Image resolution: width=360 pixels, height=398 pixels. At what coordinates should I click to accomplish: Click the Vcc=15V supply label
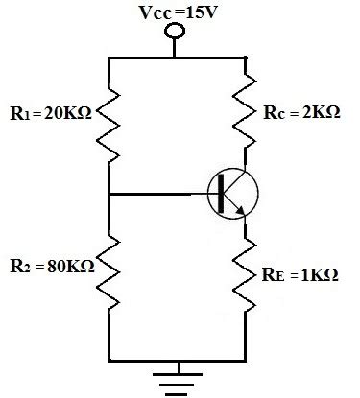coord(174,11)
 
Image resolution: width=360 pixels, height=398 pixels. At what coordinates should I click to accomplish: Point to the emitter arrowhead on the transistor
coord(243,211)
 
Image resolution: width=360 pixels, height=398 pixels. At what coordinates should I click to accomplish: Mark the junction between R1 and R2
coord(108,193)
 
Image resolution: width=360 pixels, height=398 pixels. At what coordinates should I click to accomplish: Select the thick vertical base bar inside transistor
coord(224,193)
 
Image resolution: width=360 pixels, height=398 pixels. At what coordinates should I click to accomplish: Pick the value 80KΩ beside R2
coord(68,265)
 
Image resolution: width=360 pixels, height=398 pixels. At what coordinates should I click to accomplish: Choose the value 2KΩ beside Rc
coord(319,112)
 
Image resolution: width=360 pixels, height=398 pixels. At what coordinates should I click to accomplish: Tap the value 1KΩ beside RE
coord(317,275)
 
